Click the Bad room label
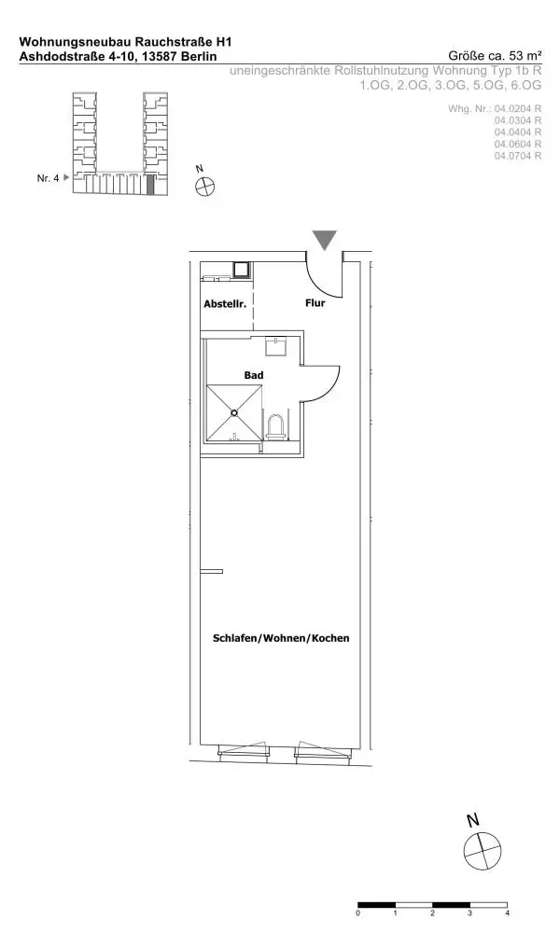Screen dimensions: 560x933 tap(253, 375)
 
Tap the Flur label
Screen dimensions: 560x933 tap(315, 303)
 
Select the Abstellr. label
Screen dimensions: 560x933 tap(223, 304)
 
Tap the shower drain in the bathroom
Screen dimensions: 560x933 tap(234, 412)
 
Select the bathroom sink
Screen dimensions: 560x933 tap(275, 347)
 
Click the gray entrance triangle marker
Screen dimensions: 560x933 tap(324, 241)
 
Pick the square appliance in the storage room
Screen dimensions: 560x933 tap(241, 271)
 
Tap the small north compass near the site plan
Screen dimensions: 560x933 tap(204, 186)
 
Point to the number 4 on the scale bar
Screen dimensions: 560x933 tap(507, 914)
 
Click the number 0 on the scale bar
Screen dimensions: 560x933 tap(357, 914)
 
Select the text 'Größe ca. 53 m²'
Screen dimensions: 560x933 tap(495, 56)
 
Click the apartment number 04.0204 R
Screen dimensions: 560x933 tap(516, 108)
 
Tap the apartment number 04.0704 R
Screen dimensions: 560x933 tap(516, 157)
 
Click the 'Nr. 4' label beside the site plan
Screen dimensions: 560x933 tap(49, 177)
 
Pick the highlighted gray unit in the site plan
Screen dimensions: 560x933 tap(149, 184)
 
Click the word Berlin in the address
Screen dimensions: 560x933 tap(197, 56)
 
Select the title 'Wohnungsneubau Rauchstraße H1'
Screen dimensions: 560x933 tap(125, 42)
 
